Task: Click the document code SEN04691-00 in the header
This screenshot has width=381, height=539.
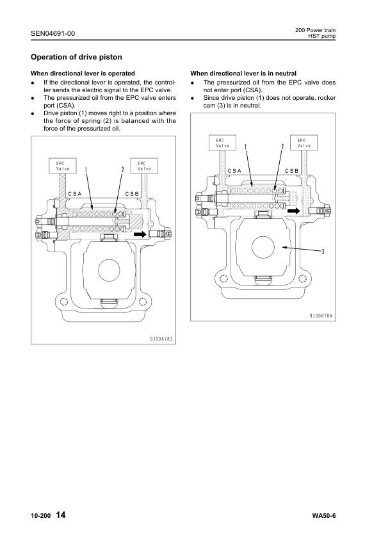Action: (x=53, y=33)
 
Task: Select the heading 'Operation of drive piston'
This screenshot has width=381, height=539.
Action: (x=76, y=57)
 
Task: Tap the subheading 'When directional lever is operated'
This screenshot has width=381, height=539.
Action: (x=83, y=73)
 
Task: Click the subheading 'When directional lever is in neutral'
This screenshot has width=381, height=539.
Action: (x=243, y=73)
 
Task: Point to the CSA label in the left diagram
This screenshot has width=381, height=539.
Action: (x=75, y=194)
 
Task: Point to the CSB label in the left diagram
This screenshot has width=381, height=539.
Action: (x=132, y=194)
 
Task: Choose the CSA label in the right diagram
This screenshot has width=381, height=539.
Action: (x=234, y=171)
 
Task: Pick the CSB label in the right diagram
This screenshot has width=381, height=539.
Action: (x=292, y=171)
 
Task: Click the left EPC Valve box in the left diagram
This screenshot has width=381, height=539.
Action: (x=63, y=166)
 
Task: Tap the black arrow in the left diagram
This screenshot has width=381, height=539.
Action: (x=140, y=234)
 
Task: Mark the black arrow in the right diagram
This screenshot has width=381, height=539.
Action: (x=294, y=211)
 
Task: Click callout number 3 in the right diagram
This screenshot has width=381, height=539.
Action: (x=323, y=252)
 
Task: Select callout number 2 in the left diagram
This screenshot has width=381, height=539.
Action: (x=122, y=170)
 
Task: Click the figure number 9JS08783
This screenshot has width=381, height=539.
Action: (x=161, y=339)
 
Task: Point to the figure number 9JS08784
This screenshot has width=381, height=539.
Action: (x=321, y=316)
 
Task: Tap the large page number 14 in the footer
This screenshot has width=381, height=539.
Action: (x=60, y=515)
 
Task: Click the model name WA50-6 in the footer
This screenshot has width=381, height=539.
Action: (x=324, y=516)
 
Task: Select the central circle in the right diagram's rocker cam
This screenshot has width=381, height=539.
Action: (x=263, y=247)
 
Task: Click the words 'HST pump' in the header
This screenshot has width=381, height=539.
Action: (x=321, y=36)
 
